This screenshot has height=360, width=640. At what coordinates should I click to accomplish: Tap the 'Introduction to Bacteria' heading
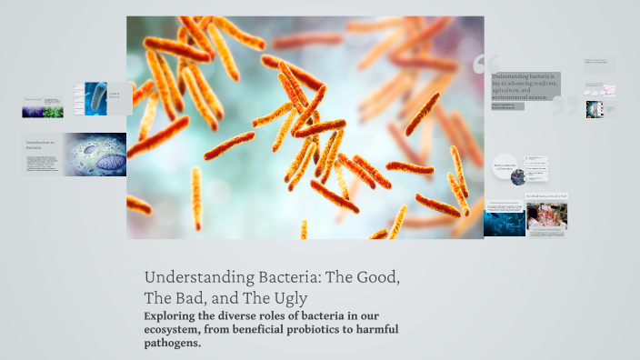click(x=40, y=145)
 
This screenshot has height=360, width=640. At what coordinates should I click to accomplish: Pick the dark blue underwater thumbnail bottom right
click(x=504, y=219)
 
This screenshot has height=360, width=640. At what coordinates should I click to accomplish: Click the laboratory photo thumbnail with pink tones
click(x=546, y=215)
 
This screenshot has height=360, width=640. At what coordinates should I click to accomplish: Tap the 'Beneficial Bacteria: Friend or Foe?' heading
click(x=546, y=195)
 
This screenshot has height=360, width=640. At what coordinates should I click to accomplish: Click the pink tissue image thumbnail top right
click(x=608, y=90)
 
